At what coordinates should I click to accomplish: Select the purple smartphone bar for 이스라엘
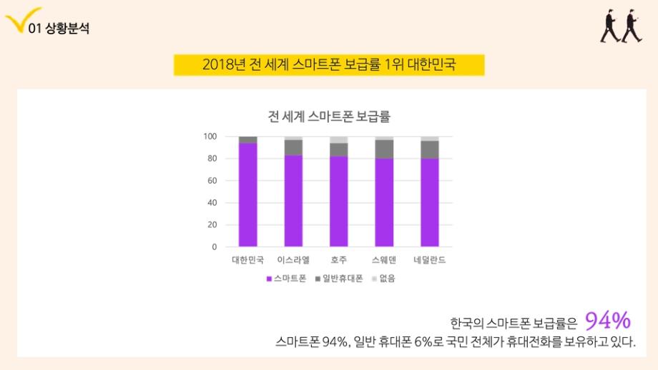(293, 201)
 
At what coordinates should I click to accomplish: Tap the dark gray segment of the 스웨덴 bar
(384, 149)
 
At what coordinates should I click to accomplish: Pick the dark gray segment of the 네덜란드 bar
(429, 149)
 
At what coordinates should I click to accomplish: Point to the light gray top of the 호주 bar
(339, 139)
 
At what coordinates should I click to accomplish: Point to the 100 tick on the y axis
(210, 136)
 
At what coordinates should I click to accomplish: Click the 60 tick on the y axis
(212, 181)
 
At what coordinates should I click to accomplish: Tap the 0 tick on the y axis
(214, 247)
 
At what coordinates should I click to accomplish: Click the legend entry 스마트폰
(286, 279)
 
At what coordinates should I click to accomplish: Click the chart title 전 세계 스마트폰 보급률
(329, 116)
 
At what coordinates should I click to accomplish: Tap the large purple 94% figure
(608, 319)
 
